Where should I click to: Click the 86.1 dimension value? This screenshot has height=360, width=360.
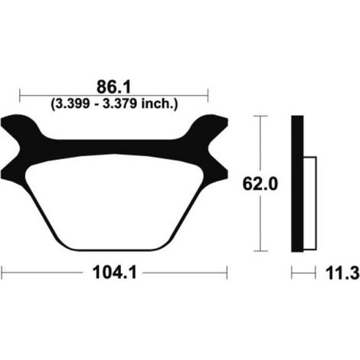tap(113, 87)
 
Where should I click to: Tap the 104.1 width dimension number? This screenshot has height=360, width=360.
tap(115, 273)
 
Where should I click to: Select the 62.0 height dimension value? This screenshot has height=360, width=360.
tap(260, 184)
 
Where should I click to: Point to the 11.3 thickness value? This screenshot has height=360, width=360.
tap(342, 273)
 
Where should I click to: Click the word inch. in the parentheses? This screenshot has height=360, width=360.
tap(159, 104)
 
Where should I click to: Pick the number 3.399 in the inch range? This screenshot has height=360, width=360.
tap(72, 104)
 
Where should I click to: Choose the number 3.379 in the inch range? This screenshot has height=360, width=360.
tap(119, 104)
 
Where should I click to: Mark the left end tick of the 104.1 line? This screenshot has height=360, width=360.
tap(2, 273)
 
